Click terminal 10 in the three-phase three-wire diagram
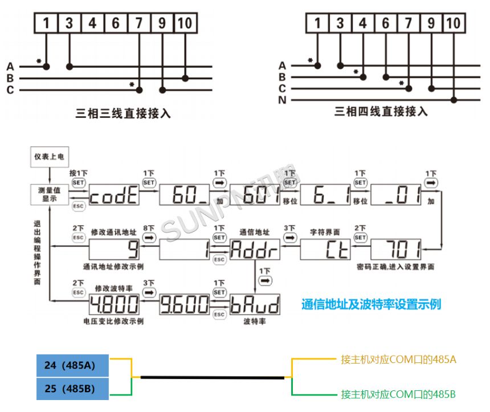tap(185, 23)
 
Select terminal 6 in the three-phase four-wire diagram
tap(386, 23)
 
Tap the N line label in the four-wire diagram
tap(282, 100)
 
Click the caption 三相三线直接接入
tap(124, 113)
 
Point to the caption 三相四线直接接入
tap(381, 112)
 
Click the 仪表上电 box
tap(50, 156)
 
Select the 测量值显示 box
tap(50, 193)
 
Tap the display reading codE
tap(113, 197)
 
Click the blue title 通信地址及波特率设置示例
tap(371, 304)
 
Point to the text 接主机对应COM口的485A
tap(399, 360)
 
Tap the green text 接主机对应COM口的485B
tap(399, 394)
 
